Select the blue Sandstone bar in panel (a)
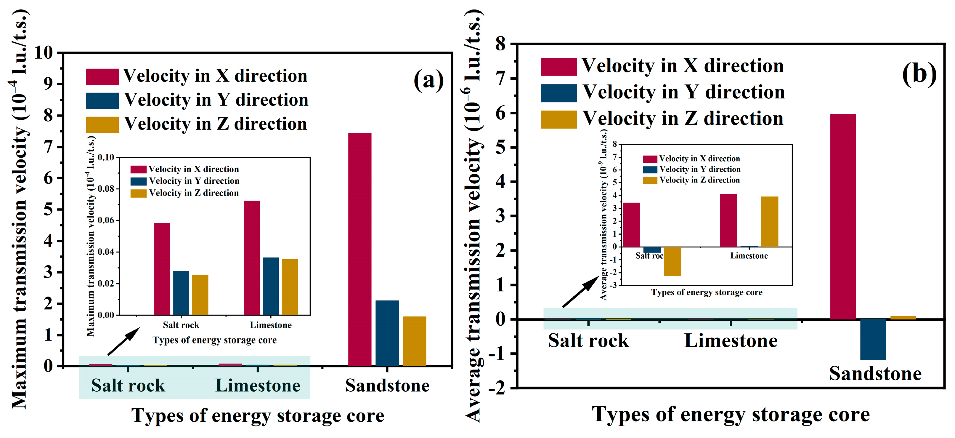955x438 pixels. click(x=387, y=333)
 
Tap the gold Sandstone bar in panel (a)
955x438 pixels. click(x=415, y=341)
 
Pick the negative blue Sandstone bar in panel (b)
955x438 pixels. click(x=873, y=339)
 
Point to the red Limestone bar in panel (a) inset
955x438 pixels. click(x=252, y=258)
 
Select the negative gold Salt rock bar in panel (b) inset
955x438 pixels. click(x=672, y=261)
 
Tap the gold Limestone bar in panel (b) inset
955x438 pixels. click(x=769, y=221)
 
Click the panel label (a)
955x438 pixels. click(x=428, y=80)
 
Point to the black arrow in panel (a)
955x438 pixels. click(x=123, y=342)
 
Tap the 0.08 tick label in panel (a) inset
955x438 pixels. click(x=106, y=189)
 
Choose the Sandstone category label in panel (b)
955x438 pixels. click(x=875, y=373)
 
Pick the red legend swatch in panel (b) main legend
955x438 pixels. click(x=558, y=67)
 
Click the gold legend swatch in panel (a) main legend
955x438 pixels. click(x=102, y=124)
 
